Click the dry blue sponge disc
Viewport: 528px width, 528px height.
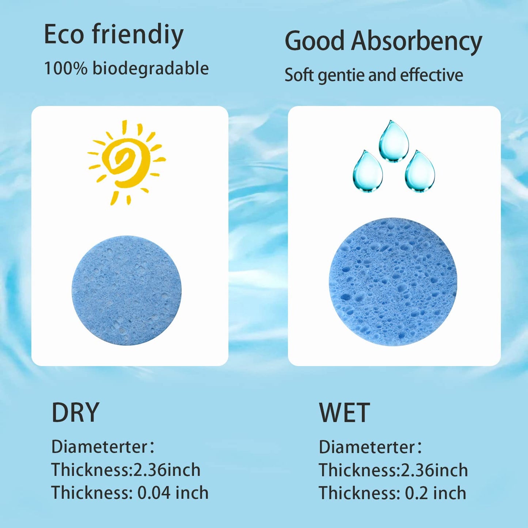click(x=126, y=290)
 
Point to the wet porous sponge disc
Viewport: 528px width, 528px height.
click(x=393, y=282)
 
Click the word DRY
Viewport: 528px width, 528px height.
click(x=75, y=413)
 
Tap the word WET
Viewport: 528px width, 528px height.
click(x=344, y=413)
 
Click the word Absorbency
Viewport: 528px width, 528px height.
click(x=417, y=41)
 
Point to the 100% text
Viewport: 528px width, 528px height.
click(x=66, y=68)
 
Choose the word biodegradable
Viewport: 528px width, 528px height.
click(x=151, y=69)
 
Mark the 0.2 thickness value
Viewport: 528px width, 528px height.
click(x=416, y=493)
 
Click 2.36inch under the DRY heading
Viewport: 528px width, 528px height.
click(x=167, y=470)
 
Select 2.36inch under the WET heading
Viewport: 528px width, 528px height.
click(x=434, y=470)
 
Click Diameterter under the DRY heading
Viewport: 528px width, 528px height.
click(x=99, y=447)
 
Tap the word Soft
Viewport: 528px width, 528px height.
click(x=299, y=75)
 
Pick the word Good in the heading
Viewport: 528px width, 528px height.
click(x=315, y=41)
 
